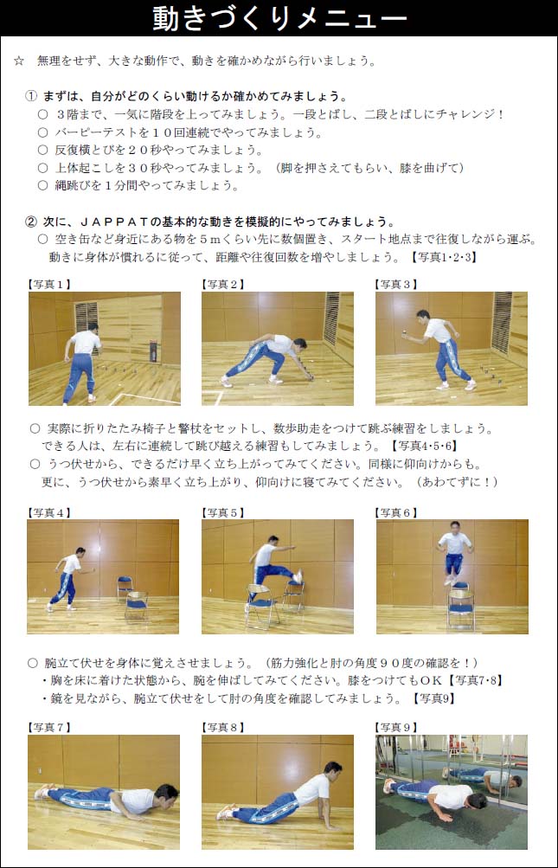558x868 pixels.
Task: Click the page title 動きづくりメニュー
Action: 279,19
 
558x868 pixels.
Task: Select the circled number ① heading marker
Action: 31,96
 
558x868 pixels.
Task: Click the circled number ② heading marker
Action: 31,222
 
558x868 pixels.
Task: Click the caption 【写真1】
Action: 49,285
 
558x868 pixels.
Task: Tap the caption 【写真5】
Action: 223,512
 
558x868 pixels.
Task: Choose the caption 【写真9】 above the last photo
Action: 396,727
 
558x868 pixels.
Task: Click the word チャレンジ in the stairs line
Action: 467,114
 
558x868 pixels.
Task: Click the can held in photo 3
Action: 406,332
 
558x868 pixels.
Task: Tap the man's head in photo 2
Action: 299,345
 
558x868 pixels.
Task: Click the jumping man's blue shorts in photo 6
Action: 454,563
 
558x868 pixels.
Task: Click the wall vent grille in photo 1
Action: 87,318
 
